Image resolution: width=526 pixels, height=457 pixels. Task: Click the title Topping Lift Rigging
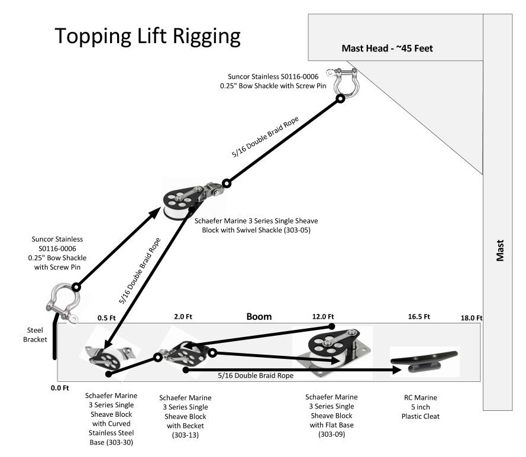click(x=148, y=36)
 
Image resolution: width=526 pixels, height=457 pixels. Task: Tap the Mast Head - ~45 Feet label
click(x=387, y=48)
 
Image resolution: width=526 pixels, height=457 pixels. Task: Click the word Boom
click(x=259, y=316)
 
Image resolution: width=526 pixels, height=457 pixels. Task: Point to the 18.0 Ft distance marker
click(x=472, y=317)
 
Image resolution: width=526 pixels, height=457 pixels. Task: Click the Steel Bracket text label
click(x=34, y=335)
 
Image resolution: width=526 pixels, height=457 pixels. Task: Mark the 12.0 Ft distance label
click(x=324, y=317)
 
